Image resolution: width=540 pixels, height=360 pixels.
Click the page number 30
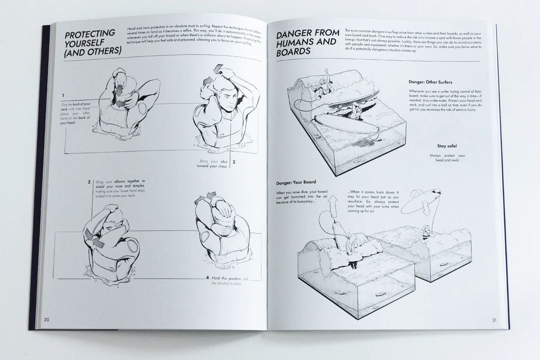[46, 319]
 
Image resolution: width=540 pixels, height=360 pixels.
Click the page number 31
[493, 320]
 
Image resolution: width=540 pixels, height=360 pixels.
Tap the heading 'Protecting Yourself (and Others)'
[92, 42]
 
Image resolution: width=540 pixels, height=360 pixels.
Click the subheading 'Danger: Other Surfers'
[430, 82]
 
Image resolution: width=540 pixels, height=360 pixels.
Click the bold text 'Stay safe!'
[446, 146]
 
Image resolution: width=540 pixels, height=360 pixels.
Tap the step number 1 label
[63, 95]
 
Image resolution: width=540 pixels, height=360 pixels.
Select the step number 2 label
[234, 162]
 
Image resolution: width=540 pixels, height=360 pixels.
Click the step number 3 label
[89, 182]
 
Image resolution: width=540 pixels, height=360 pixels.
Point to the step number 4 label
[207, 278]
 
